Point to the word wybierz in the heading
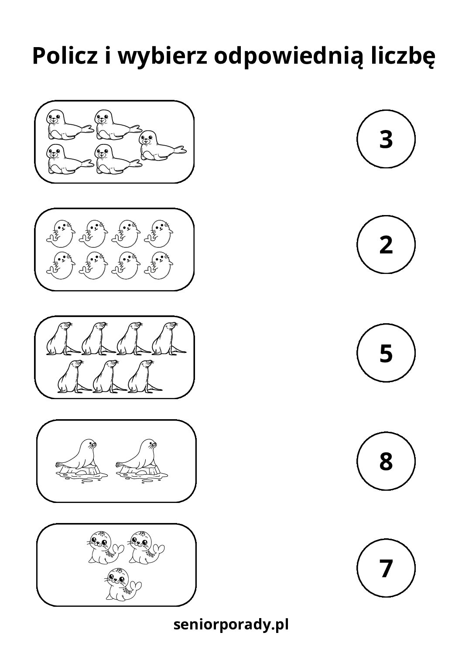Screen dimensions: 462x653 pos(162,57)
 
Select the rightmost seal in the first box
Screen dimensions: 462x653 pos(163,145)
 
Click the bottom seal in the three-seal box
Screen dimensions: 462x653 pos(123,584)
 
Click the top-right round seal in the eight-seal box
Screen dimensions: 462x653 pos(158,233)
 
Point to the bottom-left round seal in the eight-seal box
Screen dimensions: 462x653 pos(61,266)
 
